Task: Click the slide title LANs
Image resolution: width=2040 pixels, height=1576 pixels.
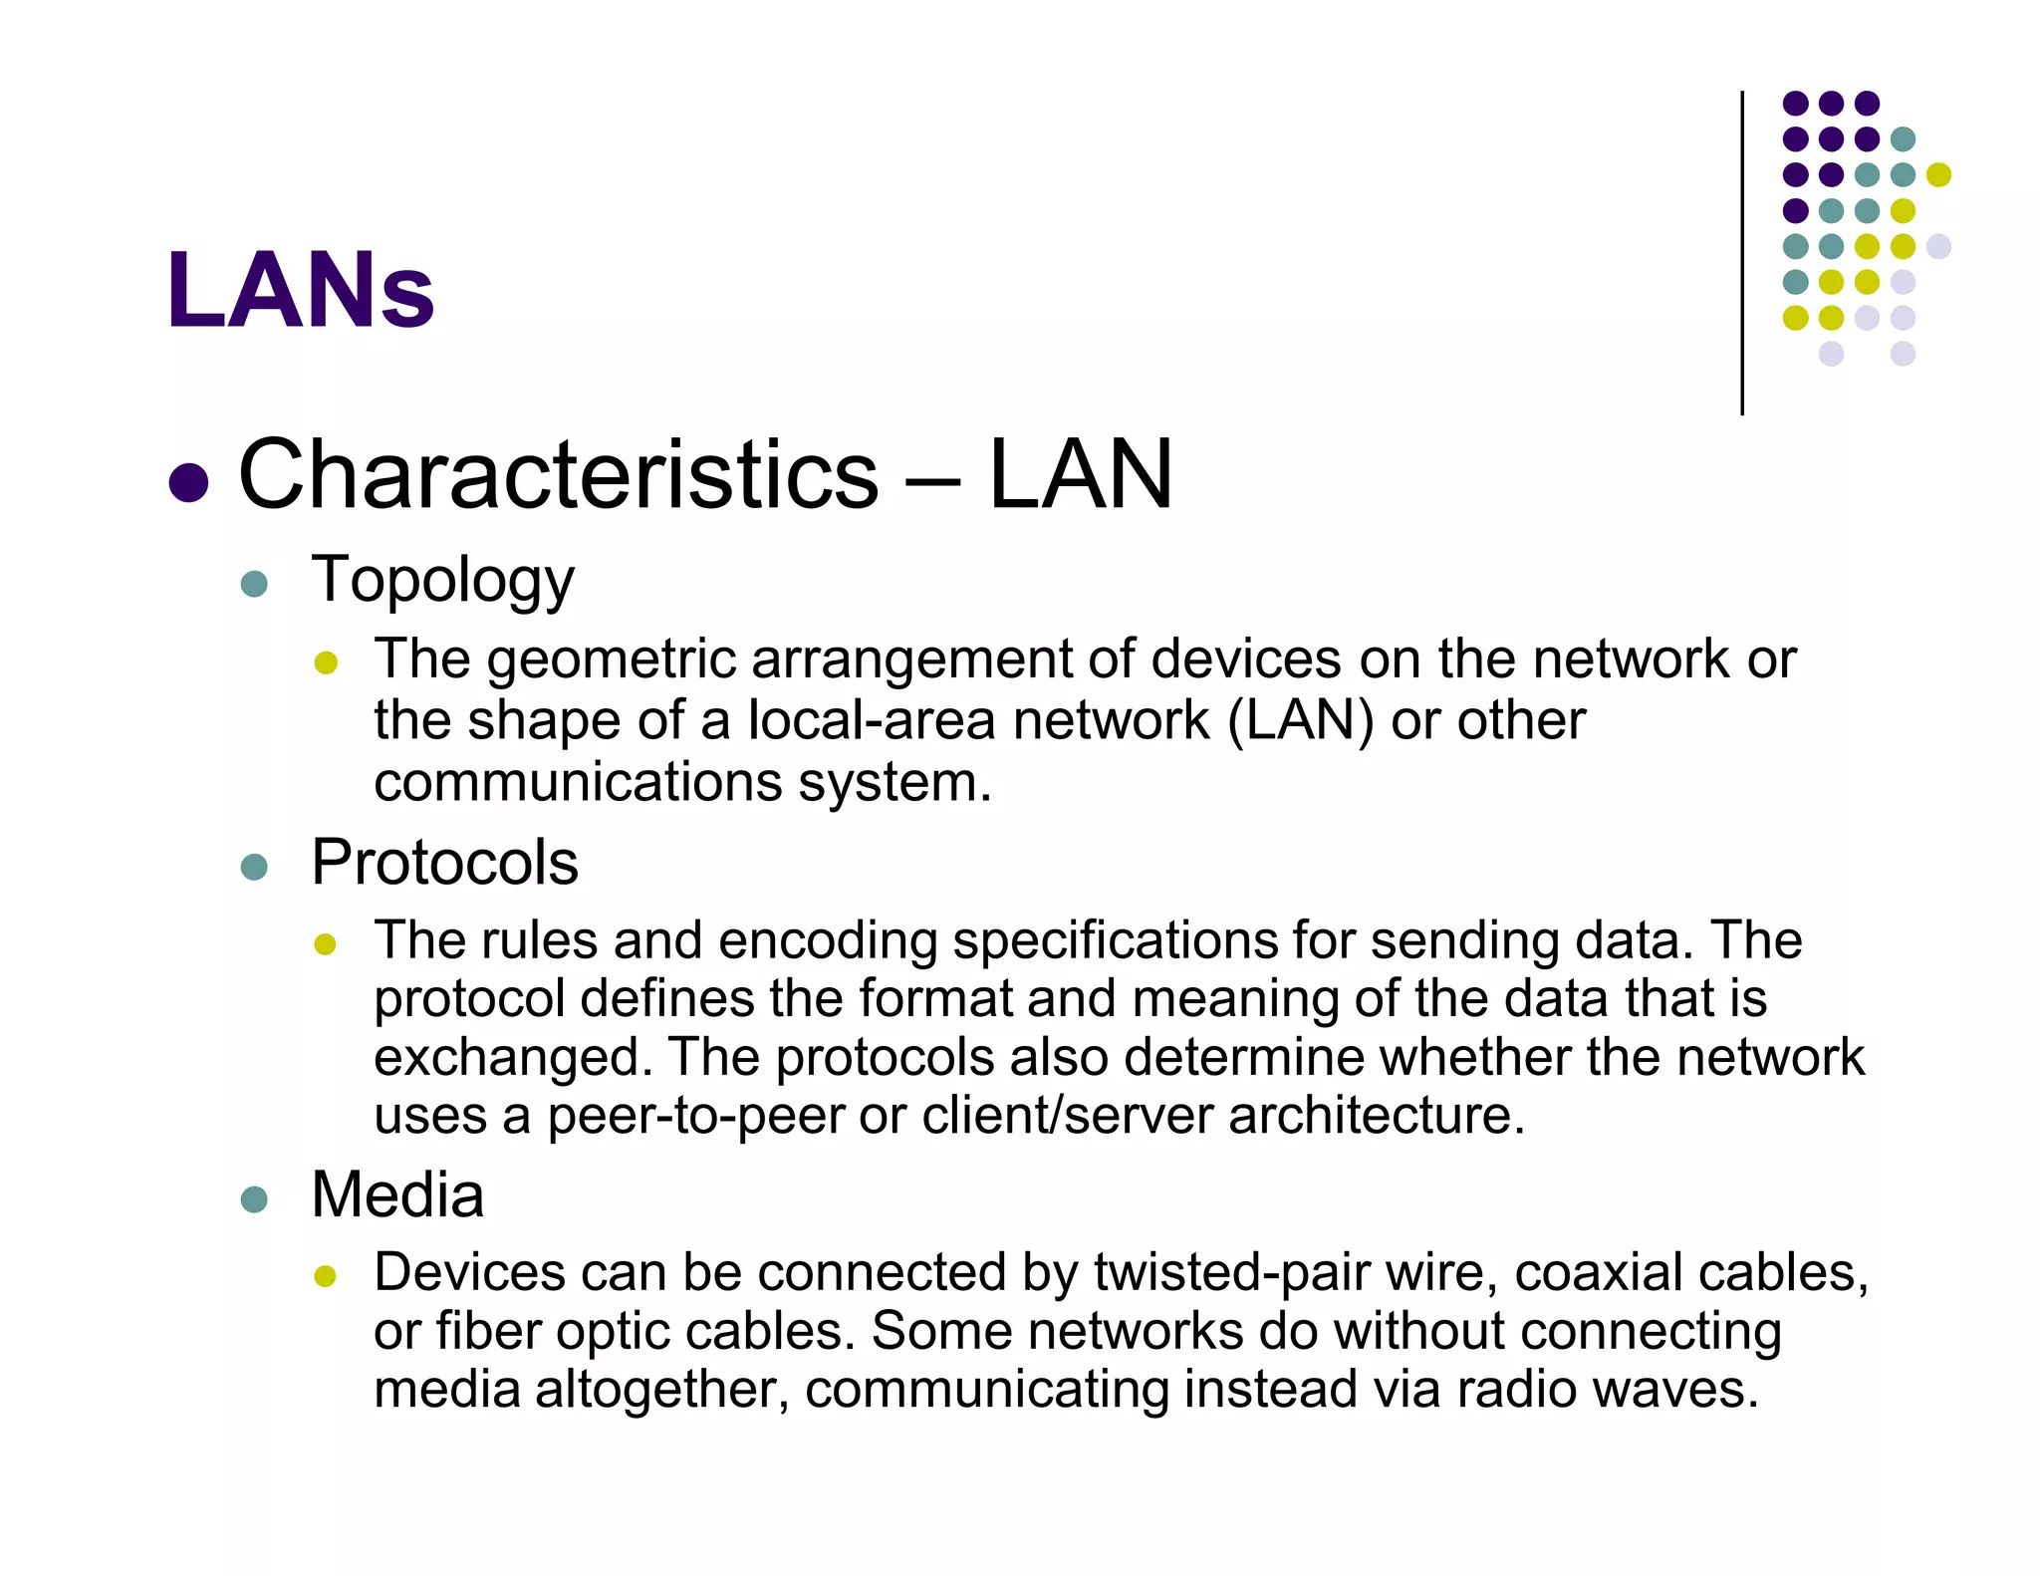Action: click(300, 290)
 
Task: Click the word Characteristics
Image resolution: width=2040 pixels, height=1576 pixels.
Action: click(558, 475)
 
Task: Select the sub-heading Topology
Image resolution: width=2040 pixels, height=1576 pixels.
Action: click(442, 580)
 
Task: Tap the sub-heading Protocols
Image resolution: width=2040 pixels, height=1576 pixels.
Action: click(444, 862)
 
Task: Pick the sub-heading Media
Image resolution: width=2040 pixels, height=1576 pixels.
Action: click(397, 1194)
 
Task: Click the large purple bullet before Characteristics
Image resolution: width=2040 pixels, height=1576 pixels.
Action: click(188, 482)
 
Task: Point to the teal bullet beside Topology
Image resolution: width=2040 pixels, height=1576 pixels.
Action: click(254, 584)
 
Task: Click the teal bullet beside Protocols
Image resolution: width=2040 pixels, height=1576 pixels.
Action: click(254, 866)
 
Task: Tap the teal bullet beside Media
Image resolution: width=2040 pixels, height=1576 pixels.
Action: click(254, 1198)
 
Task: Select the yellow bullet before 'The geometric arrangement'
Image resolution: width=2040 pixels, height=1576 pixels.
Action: click(326, 662)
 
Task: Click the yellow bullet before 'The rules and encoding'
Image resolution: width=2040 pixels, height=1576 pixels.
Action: click(326, 943)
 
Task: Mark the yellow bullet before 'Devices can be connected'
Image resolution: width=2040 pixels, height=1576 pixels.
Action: click(326, 1275)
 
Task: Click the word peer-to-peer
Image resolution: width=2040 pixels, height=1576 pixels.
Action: click(694, 1116)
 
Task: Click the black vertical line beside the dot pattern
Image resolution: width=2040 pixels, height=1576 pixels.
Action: click(1742, 253)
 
